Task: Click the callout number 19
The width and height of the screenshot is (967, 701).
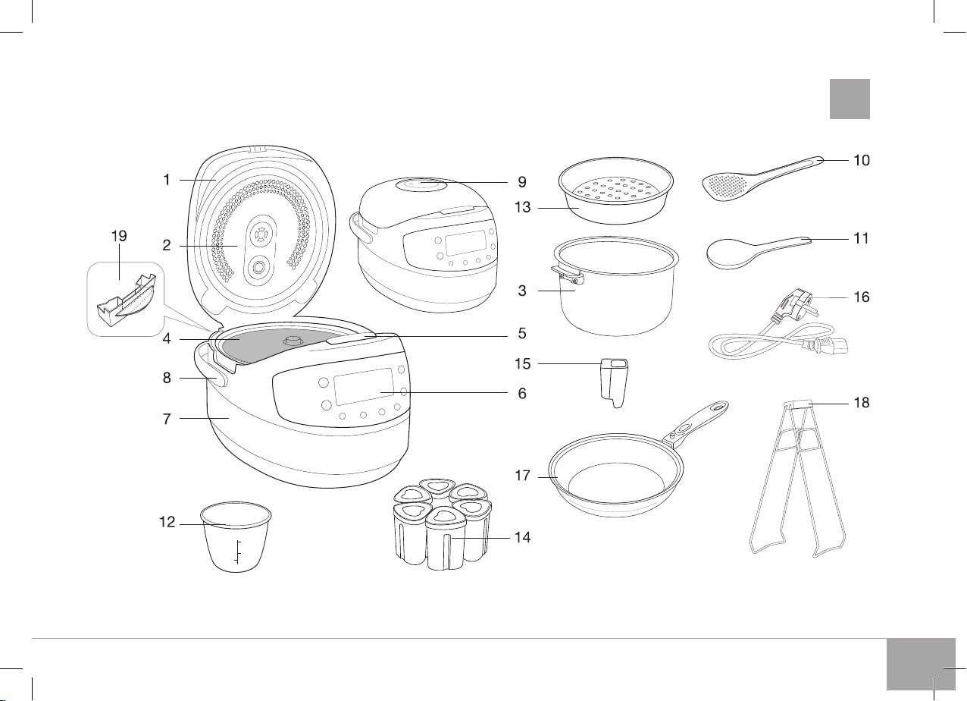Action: click(x=119, y=236)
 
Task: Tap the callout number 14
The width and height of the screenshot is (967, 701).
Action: click(x=522, y=537)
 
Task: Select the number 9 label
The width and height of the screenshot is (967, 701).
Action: click(x=522, y=182)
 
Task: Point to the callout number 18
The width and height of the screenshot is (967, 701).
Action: click(x=862, y=403)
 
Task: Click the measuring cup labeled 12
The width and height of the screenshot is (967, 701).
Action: click(x=236, y=537)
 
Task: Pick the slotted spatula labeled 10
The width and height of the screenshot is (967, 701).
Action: click(x=762, y=178)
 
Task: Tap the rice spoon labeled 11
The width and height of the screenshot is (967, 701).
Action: click(x=758, y=253)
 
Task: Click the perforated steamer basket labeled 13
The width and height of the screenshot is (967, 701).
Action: click(x=616, y=190)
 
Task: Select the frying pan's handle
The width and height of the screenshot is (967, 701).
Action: click(x=696, y=423)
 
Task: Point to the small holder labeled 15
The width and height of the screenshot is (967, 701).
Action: click(x=613, y=382)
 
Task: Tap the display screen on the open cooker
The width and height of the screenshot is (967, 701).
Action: click(x=364, y=386)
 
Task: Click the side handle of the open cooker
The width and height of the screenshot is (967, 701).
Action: click(x=210, y=368)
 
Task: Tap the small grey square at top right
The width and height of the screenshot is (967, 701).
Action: click(x=850, y=99)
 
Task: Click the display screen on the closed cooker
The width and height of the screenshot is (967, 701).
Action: click(x=465, y=243)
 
